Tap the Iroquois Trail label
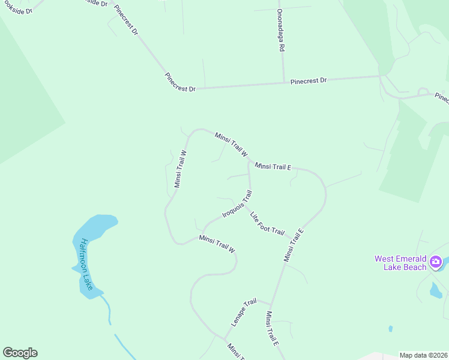click(x=237, y=205)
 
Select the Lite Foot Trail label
click(x=267, y=223)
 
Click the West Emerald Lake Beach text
click(x=400, y=263)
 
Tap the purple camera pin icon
click(x=436, y=262)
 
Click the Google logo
click(x=20, y=353)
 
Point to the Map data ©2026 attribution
click(x=423, y=355)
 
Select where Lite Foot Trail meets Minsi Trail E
click(x=297, y=238)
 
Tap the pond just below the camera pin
click(x=436, y=290)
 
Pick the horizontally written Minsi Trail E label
click(x=273, y=166)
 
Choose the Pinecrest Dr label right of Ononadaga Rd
click(x=308, y=80)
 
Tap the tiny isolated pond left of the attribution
click(x=391, y=329)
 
